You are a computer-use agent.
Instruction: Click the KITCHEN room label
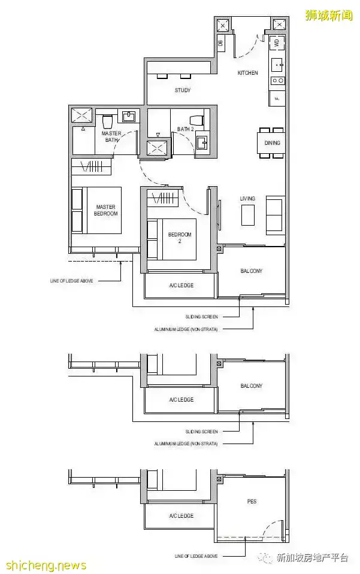tap(247, 72)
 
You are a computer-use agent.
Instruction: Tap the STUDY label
tap(183, 90)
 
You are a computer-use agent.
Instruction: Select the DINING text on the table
tap(272, 143)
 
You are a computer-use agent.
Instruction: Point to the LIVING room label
tap(247, 199)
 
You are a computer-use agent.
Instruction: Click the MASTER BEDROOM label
tap(106, 210)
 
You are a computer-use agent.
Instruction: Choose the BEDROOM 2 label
tap(180, 238)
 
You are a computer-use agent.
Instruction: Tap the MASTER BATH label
tap(111, 136)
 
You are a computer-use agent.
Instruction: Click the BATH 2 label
tap(185, 129)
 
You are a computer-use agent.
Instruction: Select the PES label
tap(252, 501)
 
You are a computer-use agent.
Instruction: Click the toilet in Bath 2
tap(198, 120)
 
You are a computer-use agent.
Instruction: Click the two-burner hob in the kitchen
tap(277, 80)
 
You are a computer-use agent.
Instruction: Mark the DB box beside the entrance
tap(220, 43)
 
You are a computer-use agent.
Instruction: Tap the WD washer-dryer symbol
tap(277, 42)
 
